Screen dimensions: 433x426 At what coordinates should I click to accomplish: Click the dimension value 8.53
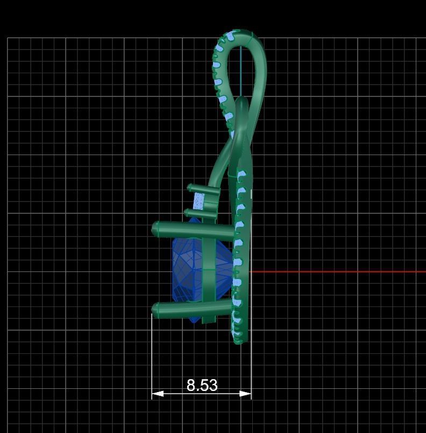point(202,385)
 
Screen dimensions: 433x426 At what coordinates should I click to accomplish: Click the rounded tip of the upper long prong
point(155,229)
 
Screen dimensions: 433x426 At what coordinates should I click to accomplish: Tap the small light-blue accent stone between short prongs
point(200,201)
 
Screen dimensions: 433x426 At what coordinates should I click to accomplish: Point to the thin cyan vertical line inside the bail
point(241,70)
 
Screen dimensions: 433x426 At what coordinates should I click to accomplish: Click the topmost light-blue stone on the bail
point(230,37)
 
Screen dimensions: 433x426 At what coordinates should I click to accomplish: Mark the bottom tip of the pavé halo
point(238,340)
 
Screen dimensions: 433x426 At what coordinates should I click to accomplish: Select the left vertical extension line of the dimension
point(152,355)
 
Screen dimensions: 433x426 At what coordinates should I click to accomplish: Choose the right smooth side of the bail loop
point(262,75)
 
